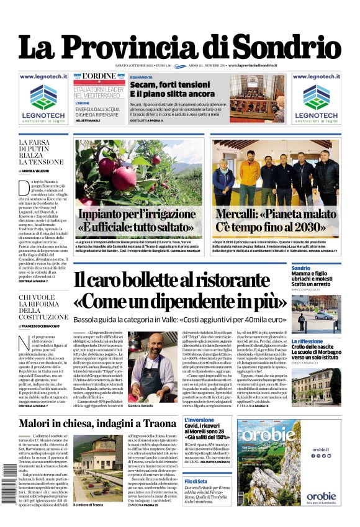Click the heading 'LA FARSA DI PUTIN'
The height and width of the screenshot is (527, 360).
coord(40,146)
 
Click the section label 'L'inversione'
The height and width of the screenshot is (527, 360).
coord(199,420)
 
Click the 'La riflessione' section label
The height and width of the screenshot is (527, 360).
coord(307,341)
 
